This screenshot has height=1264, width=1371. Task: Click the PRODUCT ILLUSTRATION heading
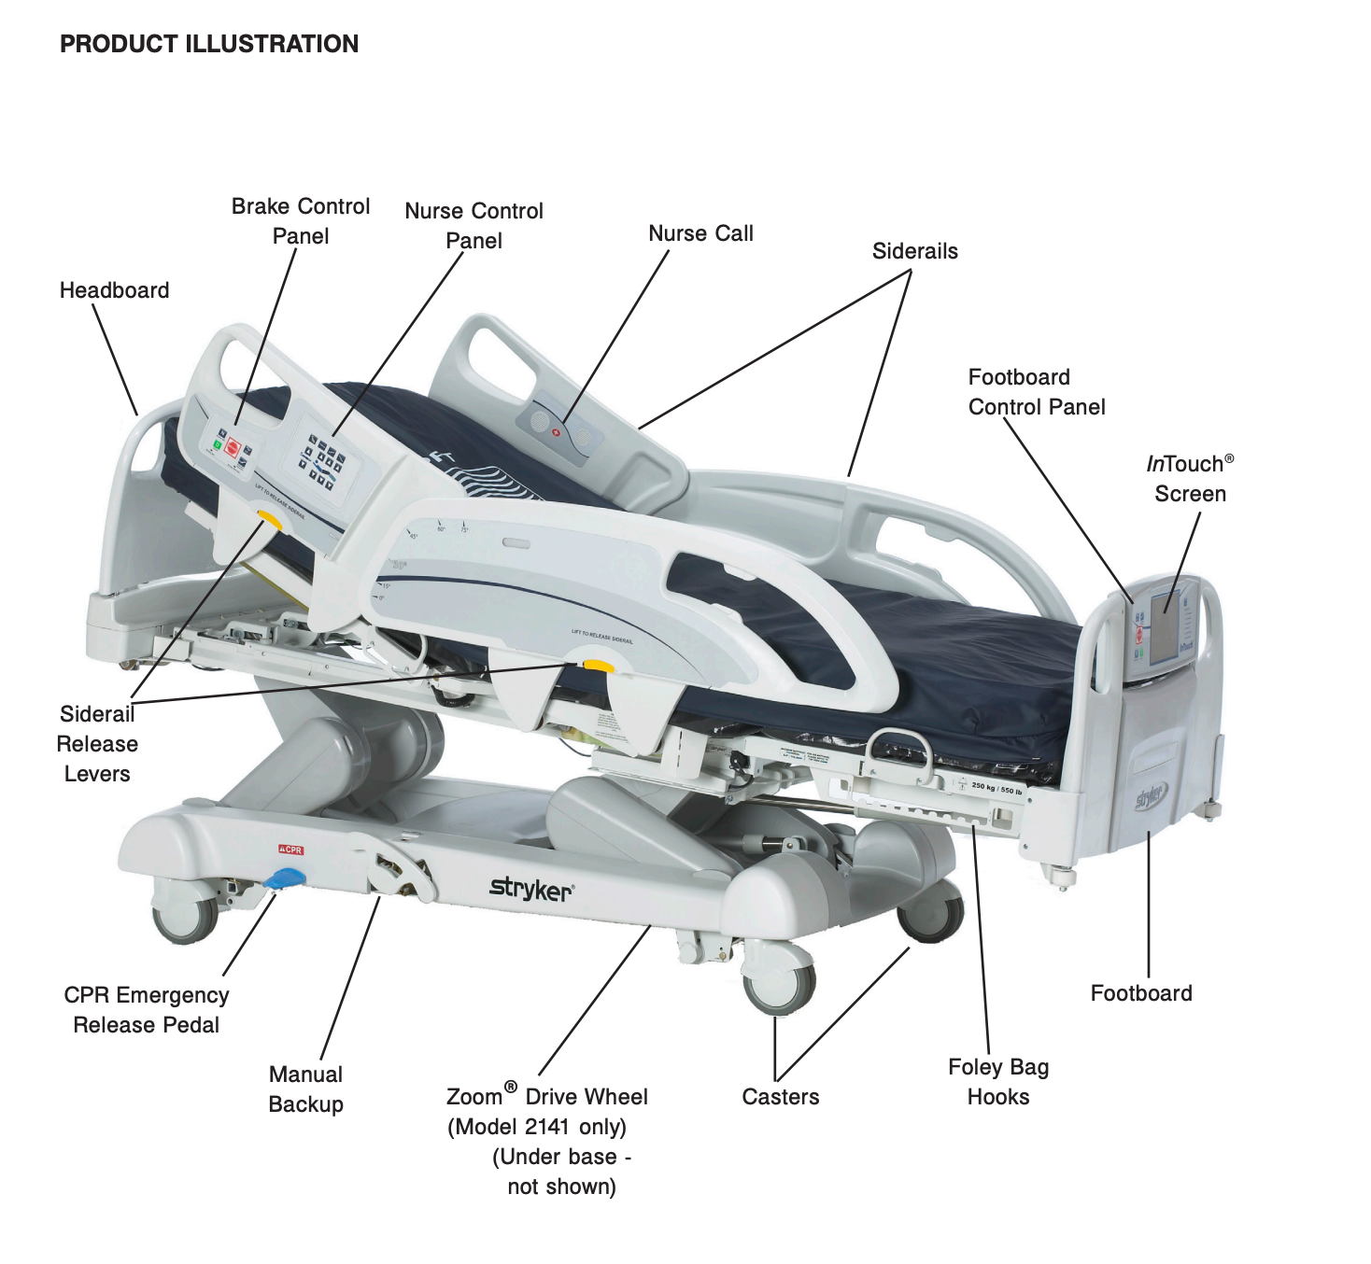(209, 44)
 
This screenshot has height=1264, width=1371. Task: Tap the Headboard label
(114, 290)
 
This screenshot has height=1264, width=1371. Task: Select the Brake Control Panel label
(301, 220)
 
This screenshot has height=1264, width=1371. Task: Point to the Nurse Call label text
(700, 233)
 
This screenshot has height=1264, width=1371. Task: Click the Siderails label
(914, 251)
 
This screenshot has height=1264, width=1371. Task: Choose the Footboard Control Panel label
(1036, 392)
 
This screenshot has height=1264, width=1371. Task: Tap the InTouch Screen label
(1190, 478)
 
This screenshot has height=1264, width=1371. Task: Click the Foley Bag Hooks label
(998, 1082)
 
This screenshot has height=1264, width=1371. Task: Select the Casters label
(780, 1097)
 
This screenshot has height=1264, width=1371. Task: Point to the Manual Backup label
(305, 1089)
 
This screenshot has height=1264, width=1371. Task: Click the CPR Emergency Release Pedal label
(147, 1010)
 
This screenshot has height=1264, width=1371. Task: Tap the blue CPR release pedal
(285, 878)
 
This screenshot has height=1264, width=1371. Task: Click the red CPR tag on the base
(291, 850)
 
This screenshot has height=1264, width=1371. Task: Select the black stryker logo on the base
(530, 889)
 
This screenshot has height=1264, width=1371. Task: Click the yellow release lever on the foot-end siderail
(597, 666)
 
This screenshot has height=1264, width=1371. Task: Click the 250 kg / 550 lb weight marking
(996, 788)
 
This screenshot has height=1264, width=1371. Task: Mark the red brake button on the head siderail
(233, 448)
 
